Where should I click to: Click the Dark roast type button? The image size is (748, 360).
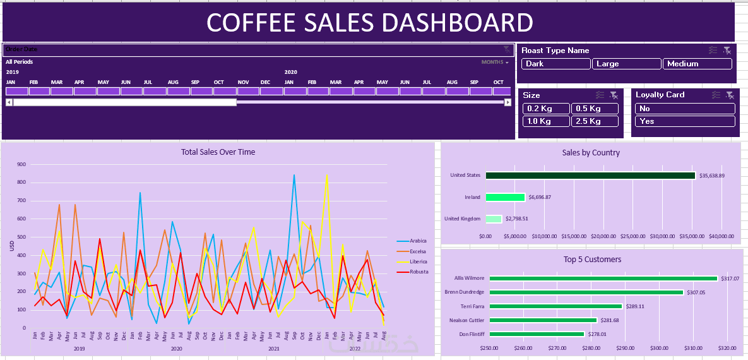click(x=555, y=64)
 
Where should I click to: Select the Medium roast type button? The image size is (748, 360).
click(x=697, y=64)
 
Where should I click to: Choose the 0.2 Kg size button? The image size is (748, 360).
click(x=546, y=109)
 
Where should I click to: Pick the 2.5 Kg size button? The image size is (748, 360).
click(x=594, y=121)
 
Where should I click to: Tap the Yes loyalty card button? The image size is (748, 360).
click(x=685, y=121)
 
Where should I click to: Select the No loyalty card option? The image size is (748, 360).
click(x=685, y=109)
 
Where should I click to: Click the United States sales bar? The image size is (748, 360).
click(x=590, y=176)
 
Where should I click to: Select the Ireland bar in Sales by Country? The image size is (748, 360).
click(x=505, y=197)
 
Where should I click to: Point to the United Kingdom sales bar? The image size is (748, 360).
click(x=494, y=219)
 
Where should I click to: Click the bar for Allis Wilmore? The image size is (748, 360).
click(x=603, y=279)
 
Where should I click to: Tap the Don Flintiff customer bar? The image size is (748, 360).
click(x=537, y=334)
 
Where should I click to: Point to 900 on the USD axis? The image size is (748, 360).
click(x=21, y=165)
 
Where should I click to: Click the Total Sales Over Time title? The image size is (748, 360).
click(x=218, y=152)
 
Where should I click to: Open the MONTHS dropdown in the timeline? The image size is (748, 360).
click(x=495, y=62)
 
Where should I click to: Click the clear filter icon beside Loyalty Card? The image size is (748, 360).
click(x=730, y=95)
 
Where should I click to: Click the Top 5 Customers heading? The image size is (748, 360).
click(x=592, y=260)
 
